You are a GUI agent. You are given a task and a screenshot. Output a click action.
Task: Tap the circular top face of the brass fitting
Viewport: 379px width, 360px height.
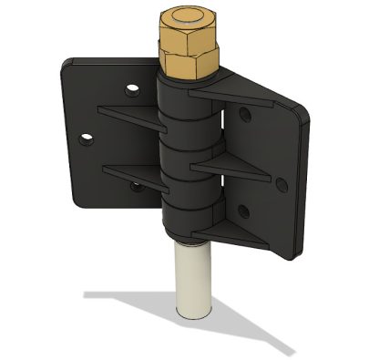189,21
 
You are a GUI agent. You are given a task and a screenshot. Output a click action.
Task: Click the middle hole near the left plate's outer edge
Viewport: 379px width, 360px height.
87,139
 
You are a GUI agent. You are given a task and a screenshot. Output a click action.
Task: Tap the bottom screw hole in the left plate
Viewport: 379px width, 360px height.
136,186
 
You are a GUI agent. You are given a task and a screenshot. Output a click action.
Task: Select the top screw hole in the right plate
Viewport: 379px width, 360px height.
244,116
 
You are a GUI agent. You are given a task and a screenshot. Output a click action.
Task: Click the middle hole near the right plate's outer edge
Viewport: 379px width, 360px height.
282,185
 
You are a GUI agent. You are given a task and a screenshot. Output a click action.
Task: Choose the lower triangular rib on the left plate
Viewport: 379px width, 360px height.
132,170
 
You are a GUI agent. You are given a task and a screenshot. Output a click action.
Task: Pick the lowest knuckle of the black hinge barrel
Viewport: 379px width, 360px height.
189,219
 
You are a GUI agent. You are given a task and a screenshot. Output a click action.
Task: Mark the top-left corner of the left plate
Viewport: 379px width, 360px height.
71,62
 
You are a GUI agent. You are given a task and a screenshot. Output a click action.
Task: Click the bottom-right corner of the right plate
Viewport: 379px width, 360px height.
296,256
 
